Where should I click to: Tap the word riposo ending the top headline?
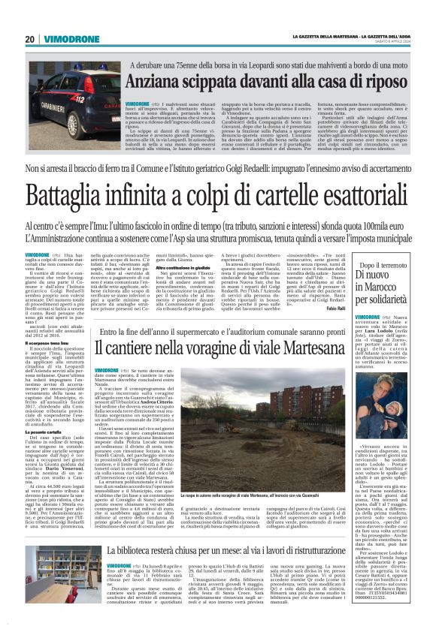coord(386,80)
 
